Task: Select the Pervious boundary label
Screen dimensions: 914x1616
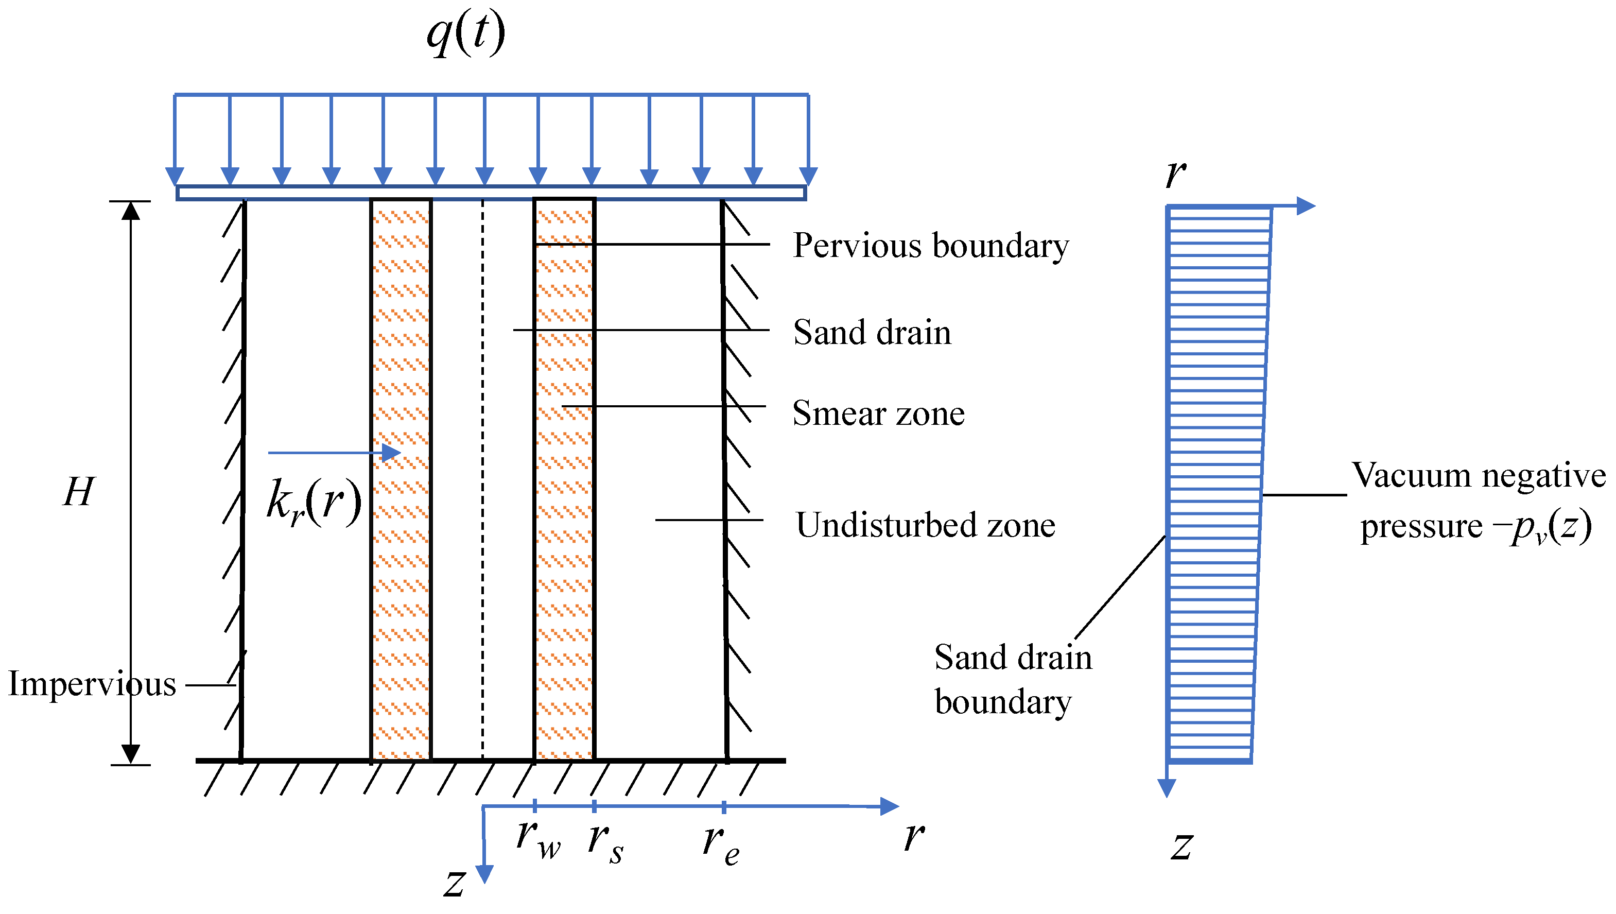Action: (930, 246)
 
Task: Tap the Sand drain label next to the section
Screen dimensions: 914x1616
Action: (872, 332)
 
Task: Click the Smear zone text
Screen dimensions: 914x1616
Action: (878, 413)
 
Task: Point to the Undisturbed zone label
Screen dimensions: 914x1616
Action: (925, 525)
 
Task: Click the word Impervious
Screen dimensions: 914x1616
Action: (92, 684)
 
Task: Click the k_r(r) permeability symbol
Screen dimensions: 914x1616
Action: (314, 502)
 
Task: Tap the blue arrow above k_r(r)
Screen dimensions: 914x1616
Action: (335, 452)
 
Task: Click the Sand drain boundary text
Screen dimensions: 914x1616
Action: (1012, 679)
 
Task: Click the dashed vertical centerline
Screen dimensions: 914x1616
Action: (482, 477)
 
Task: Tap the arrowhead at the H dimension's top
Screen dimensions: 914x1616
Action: (131, 211)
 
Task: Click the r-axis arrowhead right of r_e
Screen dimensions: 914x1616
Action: (890, 806)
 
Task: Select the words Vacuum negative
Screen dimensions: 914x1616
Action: (1478, 475)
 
